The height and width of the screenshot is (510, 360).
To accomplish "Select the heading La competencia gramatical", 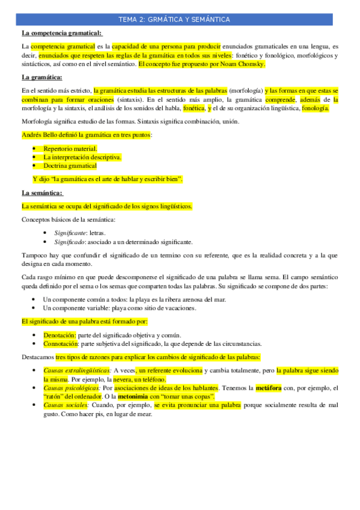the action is click(x=62, y=33).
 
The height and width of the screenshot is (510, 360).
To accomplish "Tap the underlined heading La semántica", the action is click(x=42, y=193).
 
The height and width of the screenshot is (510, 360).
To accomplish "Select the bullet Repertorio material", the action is click(x=70, y=149).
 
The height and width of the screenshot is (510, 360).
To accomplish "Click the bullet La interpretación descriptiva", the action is click(x=82, y=157).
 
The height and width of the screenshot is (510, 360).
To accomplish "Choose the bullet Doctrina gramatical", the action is click(x=70, y=165).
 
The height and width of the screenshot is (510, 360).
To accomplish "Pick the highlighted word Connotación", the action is click(x=61, y=343).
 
